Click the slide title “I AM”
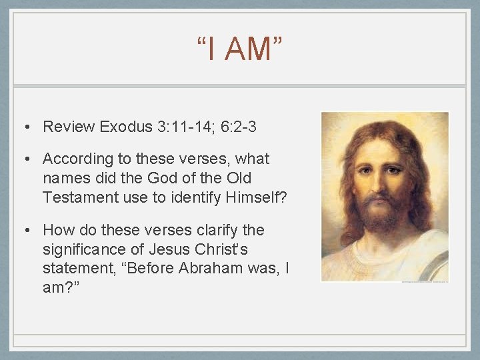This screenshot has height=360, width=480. pos(239,50)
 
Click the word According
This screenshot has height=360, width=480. pos(78,159)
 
